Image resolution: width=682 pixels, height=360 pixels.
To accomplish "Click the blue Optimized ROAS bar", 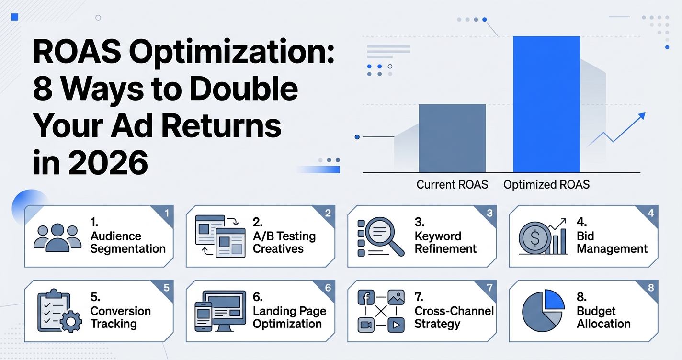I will (546, 104).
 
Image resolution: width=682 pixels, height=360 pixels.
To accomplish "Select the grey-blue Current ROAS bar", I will (452, 138).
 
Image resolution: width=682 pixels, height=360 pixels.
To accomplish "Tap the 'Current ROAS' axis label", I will (452, 184).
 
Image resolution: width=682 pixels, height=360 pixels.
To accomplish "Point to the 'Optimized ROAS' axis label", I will (546, 184).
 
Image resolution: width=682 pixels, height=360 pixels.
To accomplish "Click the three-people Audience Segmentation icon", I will (57, 237).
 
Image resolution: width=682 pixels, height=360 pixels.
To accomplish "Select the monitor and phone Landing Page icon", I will (218, 311).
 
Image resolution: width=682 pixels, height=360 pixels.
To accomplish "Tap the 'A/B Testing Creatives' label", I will (284, 242).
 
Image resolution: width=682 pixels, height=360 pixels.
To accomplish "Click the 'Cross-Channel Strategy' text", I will (454, 317).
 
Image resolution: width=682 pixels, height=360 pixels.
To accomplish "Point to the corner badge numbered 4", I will (650, 213).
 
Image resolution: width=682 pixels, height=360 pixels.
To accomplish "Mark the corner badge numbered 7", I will (489, 288).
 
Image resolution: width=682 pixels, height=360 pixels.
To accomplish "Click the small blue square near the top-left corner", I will (14, 17).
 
